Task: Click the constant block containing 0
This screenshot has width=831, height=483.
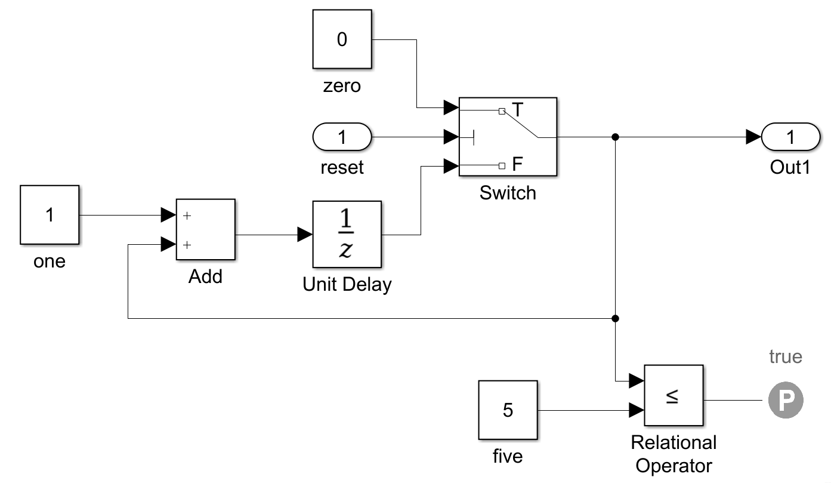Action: click(x=342, y=39)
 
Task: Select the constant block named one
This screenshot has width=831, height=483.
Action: click(x=50, y=215)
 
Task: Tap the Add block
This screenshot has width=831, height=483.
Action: click(x=206, y=230)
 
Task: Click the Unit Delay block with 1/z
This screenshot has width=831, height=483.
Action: click(x=347, y=235)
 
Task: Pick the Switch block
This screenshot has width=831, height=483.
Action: click(x=508, y=137)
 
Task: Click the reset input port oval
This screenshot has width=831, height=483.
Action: click(x=342, y=137)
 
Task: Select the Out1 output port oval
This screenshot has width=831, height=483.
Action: click(x=791, y=137)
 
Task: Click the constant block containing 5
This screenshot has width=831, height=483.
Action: click(x=508, y=410)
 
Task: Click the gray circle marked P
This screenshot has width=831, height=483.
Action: click(x=785, y=401)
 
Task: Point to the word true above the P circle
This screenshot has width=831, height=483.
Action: click(x=785, y=357)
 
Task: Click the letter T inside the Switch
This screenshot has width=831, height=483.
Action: click(x=518, y=110)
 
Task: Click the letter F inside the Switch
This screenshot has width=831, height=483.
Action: click(x=518, y=164)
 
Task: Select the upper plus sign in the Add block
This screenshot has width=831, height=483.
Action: click(x=187, y=216)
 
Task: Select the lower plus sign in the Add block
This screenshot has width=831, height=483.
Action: click(x=187, y=244)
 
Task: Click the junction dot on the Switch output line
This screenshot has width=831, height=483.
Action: click(x=615, y=137)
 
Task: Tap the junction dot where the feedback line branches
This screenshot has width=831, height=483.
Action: click(x=615, y=318)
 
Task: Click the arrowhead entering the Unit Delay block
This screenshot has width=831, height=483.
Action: click(x=305, y=235)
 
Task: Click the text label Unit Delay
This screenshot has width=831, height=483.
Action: click(x=347, y=284)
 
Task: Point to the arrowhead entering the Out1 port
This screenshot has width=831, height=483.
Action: click(x=754, y=137)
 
